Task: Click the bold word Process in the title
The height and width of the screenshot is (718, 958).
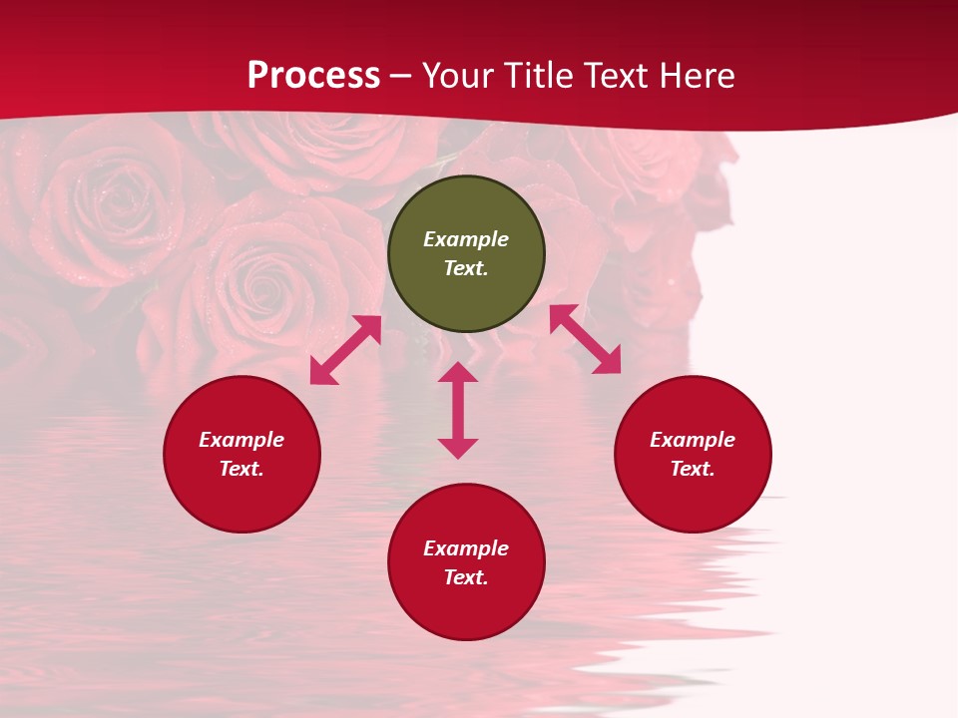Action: [x=313, y=76]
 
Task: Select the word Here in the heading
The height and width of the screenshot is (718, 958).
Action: [x=696, y=76]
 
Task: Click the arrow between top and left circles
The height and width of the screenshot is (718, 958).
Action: [x=346, y=350]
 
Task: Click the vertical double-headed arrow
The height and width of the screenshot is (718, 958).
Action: [x=458, y=410]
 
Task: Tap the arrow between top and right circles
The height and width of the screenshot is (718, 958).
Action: [x=585, y=339]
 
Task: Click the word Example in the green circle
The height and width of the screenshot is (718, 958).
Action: [x=466, y=239]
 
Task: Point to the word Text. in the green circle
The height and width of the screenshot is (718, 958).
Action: [x=466, y=268]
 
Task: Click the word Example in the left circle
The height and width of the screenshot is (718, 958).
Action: [x=241, y=440]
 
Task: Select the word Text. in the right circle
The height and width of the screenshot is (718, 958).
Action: [x=693, y=469]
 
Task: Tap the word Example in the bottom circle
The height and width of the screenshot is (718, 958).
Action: [x=466, y=548]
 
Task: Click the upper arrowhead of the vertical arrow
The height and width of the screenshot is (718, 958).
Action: [x=458, y=372]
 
